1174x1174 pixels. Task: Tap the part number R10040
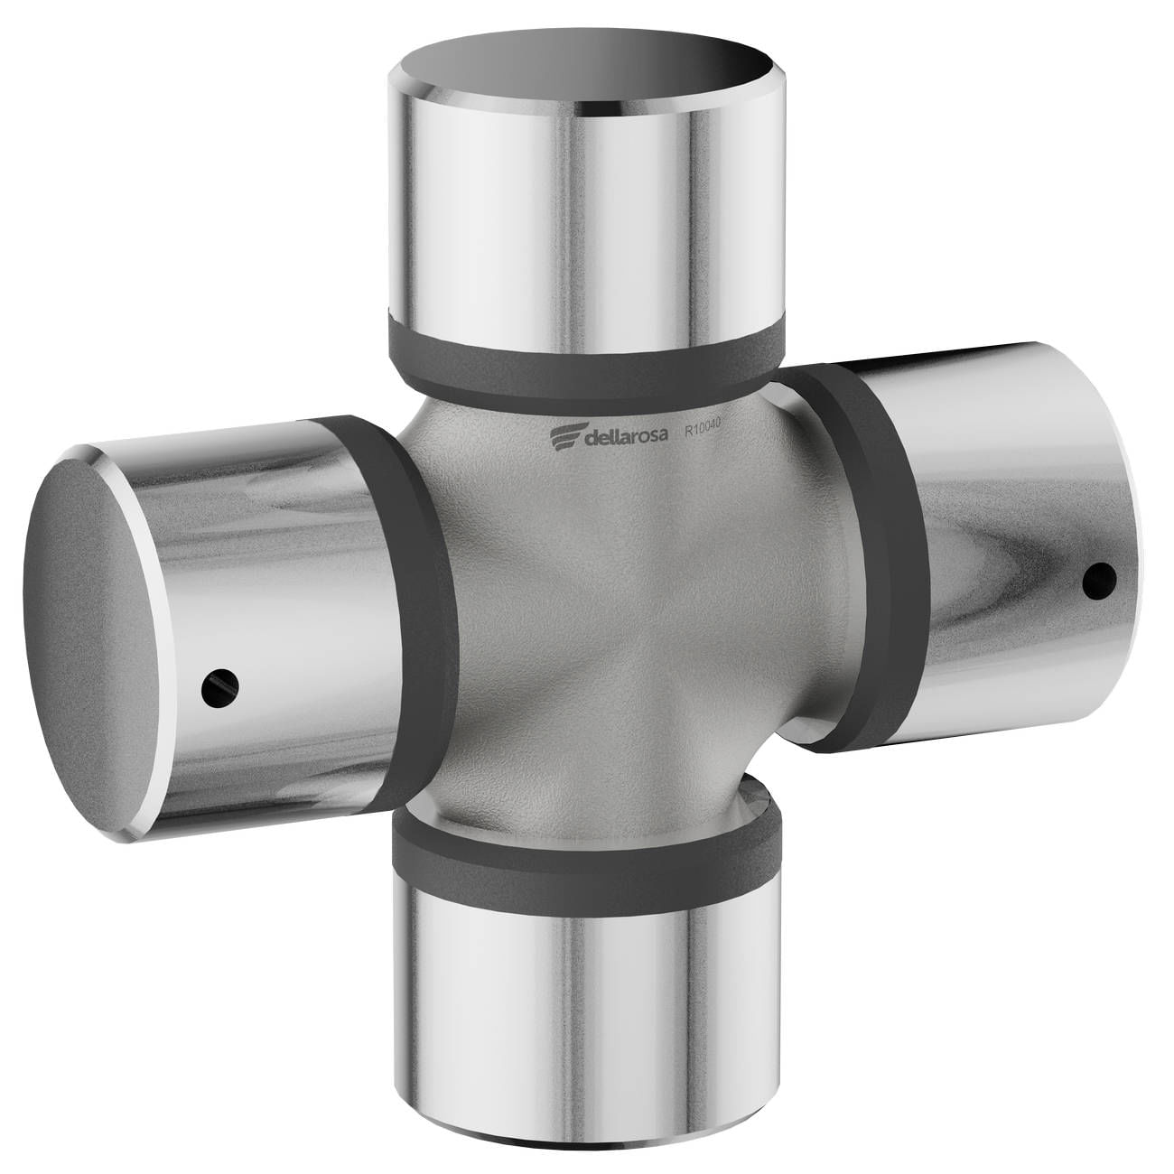703,430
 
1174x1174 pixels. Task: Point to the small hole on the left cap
220,687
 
